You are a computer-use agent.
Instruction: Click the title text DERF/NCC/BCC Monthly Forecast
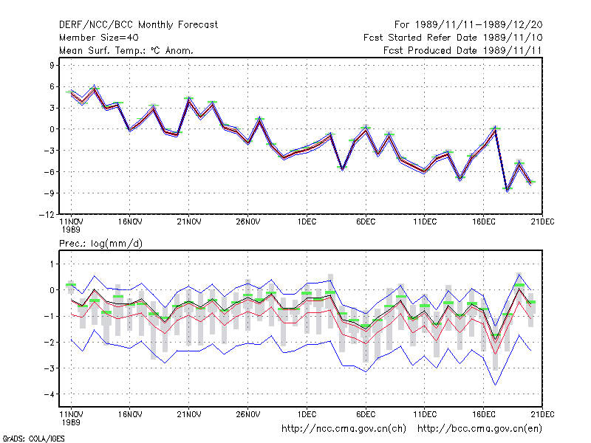(138, 25)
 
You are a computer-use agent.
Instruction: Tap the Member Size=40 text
(99, 38)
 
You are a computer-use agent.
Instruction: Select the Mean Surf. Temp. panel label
(126, 50)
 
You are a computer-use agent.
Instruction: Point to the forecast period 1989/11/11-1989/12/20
(468, 25)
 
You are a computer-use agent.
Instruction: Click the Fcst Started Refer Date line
(453, 38)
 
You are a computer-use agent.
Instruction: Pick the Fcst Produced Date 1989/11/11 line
(462, 50)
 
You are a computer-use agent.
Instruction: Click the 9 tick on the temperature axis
(52, 65)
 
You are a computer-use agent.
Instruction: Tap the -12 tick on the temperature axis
(47, 214)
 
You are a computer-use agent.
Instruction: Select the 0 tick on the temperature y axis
(52, 129)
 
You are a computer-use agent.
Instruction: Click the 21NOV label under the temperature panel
(189, 222)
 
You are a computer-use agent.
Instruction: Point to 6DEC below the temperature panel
(366, 222)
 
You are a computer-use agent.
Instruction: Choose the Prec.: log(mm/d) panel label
(100, 244)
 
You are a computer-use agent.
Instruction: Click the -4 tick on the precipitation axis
(49, 394)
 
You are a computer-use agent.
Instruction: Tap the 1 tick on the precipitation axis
(52, 264)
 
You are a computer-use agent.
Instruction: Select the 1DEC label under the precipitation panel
(307, 414)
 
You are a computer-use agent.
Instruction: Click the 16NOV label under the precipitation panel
(130, 414)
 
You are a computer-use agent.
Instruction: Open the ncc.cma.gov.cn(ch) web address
(344, 429)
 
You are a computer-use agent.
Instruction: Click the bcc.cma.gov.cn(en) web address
(479, 429)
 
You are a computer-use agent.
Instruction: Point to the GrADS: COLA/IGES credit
(33, 439)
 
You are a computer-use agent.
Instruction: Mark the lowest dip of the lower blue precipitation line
(495, 385)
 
